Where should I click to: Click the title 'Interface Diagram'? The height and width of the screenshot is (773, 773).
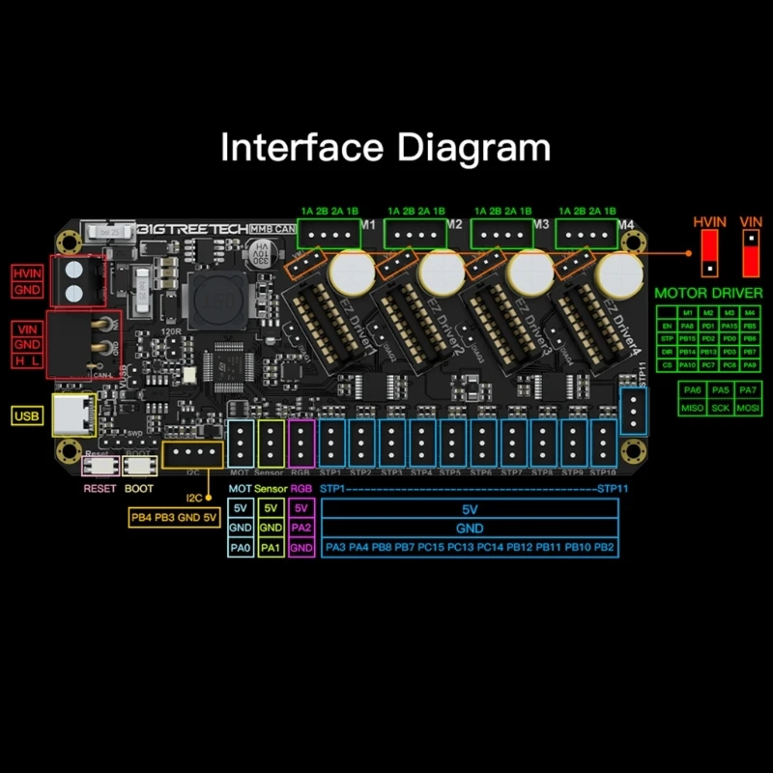[x=386, y=148]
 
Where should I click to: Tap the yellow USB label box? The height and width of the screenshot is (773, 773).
[x=26, y=416]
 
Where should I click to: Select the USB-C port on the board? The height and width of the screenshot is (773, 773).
[x=74, y=415]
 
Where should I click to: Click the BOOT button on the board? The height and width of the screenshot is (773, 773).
[x=138, y=466]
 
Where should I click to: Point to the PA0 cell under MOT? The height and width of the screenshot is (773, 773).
[x=241, y=548]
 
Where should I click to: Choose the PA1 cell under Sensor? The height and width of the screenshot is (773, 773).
[x=271, y=548]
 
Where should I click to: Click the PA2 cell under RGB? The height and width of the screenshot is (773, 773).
[x=301, y=529]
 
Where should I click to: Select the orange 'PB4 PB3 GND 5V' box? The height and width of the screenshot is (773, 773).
[x=174, y=518]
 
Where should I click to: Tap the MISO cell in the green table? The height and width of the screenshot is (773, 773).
[x=692, y=409]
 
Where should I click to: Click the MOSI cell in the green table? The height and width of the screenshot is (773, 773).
[x=746, y=409]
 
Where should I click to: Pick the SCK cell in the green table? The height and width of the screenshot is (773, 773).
[x=719, y=409]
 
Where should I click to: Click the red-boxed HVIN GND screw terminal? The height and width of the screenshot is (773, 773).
[x=76, y=279]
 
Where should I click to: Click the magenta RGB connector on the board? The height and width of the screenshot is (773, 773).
[x=301, y=444]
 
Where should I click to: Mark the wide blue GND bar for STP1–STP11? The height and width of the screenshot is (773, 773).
[x=469, y=529]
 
